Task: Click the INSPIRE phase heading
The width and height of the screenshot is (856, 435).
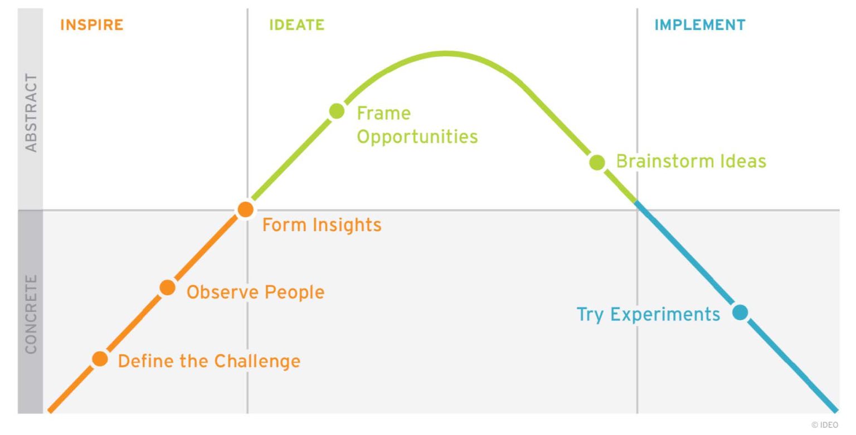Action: pyautogui.click(x=91, y=25)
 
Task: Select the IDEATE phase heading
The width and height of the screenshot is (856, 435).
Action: pyautogui.click(x=296, y=25)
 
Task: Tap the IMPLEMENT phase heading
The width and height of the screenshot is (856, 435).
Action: pyautogui.click(x=699, y=25)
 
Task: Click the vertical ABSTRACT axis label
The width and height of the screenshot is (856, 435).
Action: pyautogui.click(x=31, y=113)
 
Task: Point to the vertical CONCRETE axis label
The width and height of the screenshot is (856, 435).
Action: pyautogui.click(x=31, y=314)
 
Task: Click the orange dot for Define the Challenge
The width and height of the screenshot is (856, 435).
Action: pyautogui.click(x=100, y=359)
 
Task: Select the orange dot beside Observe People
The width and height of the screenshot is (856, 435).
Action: pyautogui.click(x=167, y=287)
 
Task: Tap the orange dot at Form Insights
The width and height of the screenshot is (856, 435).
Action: pyautogui.click(x=245, y=209)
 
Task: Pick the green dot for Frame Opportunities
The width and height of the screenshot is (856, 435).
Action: pyautogui.click(x=337, y=111)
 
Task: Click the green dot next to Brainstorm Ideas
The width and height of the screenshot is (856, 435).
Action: pyautogui.click(x=597, y=162)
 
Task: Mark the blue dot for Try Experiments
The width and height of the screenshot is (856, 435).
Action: pyautogui.click(x=740, y=312)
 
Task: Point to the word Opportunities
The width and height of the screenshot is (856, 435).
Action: pyautogui.click(x=417, y=136)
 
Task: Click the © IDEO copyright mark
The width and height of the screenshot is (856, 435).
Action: pyautogui.click(x=824, y=424)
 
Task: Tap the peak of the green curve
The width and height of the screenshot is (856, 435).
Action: pyautogui.click(x=446, y=53)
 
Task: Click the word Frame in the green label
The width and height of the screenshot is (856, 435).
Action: pyautogui.click(x=383, y=113)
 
